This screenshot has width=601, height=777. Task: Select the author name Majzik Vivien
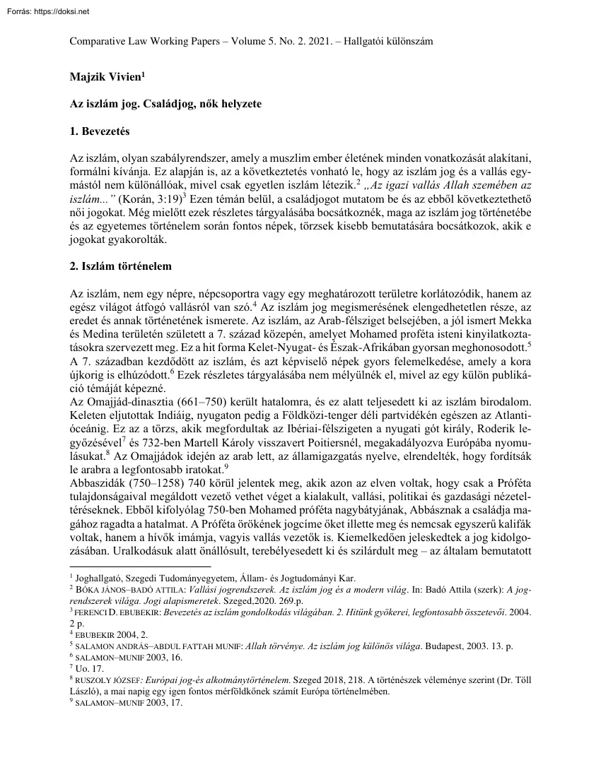(105, 74)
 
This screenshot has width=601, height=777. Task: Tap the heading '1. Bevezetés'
(99, 131)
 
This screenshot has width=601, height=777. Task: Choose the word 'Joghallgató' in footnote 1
(99, 578)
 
